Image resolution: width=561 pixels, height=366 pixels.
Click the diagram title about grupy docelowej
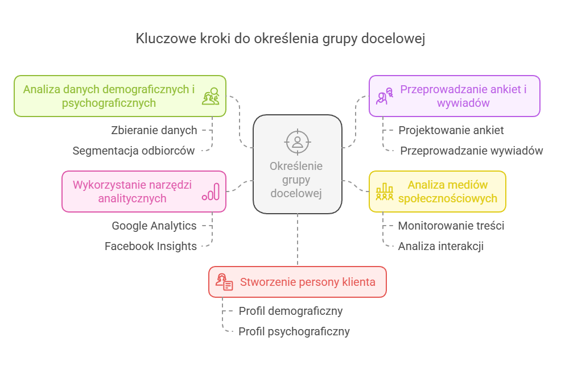coord(280,39)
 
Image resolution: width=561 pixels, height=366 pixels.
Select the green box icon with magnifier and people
coord(211,96)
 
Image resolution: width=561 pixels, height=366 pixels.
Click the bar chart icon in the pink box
coord(211,192)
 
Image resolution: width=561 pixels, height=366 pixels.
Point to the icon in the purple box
coord(385,96)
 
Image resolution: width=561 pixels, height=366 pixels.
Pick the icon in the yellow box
coord(385,192)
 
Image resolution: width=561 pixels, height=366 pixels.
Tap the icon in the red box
coord(224,282)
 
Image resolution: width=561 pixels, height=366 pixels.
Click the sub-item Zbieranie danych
coord(154,130)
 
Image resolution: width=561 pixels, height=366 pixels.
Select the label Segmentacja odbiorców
coord(134,151)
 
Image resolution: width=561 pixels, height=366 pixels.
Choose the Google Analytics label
coord(154,226)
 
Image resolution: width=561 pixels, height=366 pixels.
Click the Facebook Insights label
coord(151,246)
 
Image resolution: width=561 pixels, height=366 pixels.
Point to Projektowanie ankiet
coord(451,130)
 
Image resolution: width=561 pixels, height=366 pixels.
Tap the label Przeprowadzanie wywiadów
coord(471,151)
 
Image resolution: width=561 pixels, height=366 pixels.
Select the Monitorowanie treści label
coord(451,226)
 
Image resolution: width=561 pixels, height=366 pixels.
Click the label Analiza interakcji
coord(441,246)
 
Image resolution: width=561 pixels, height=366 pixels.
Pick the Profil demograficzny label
coord(290,311)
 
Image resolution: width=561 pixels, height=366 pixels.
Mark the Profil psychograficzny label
coord(294,331)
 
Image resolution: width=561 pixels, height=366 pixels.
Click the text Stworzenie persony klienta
coord(307,282)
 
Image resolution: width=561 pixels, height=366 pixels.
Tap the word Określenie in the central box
coord(296,167)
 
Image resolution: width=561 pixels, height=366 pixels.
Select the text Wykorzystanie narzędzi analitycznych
coord(132,192)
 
